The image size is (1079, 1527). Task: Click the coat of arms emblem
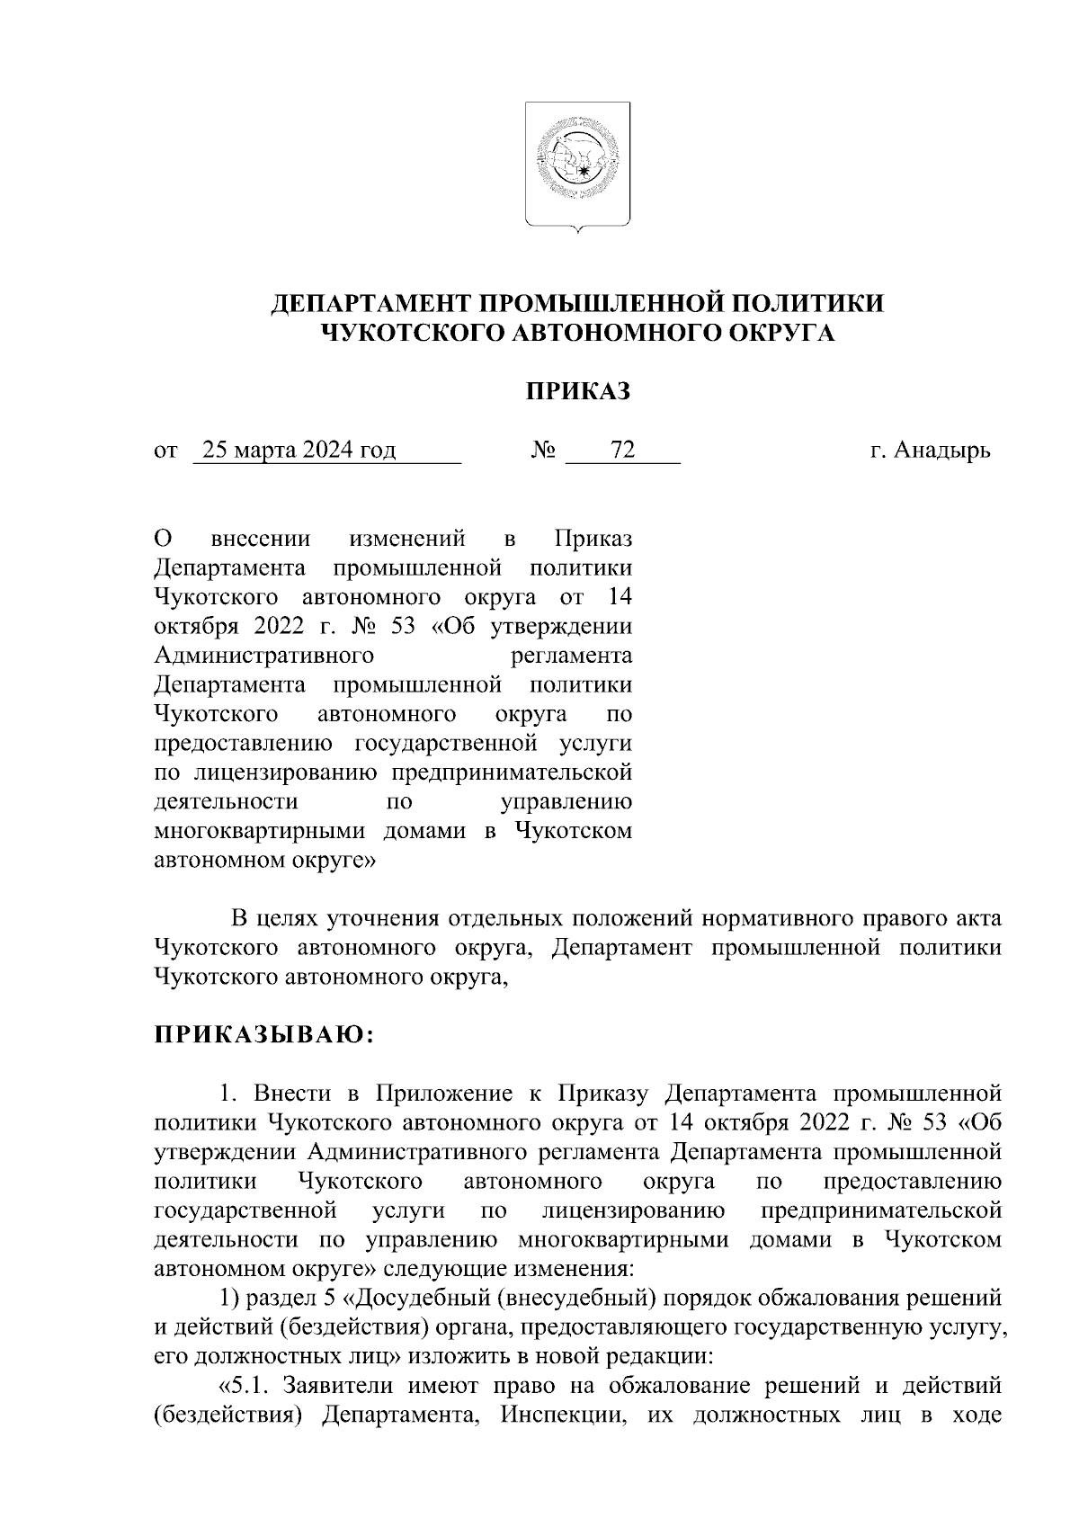pyautogui.click(x=577, y=164)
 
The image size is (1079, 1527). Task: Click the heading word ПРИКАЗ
pyautogui.click(x=577, y=392)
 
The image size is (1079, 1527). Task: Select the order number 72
pyautogui.click(x=622, y=451)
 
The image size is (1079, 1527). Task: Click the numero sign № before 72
pyautogui.click(x=543, y=451)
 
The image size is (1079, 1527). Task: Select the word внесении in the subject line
pyautogui.click(x=260, y=539)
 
